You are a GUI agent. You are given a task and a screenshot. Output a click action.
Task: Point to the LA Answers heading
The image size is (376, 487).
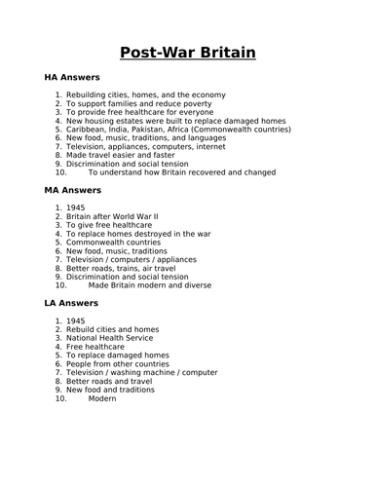coord(71,303)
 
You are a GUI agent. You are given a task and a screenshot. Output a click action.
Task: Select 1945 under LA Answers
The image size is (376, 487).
coord(76,320)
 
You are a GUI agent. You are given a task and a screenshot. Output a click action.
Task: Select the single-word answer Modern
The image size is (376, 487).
coord(101,398)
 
